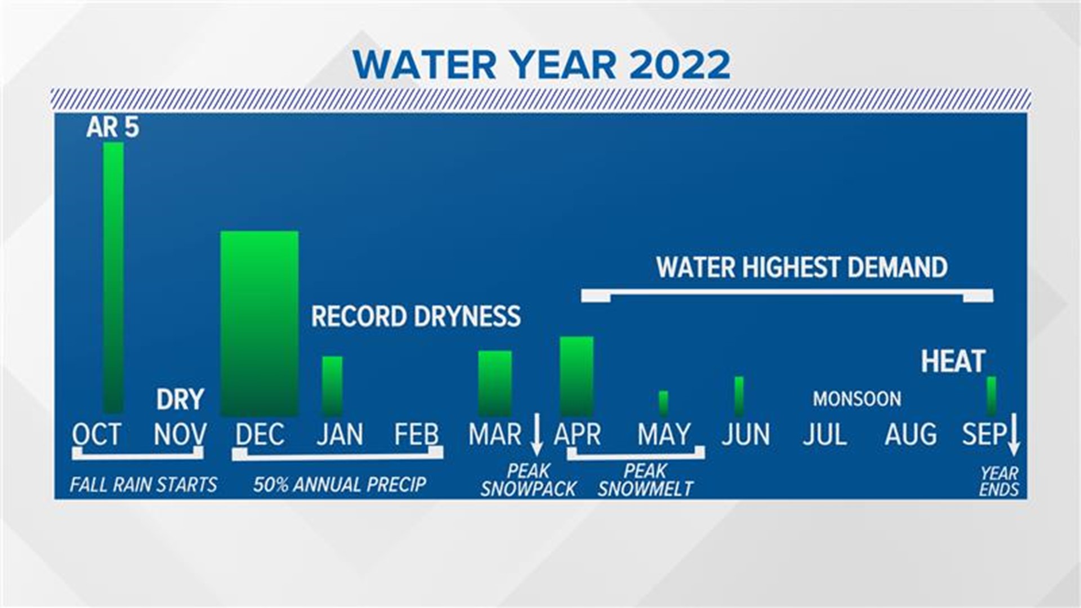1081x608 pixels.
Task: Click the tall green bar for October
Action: click(x=113, y=277)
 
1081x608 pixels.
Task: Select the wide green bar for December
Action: click(x=260, y=323)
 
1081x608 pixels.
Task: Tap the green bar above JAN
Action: click(x=332, y=386)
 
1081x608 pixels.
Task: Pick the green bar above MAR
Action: click(x=495, y=383)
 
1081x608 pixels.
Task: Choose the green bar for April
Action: click(x=577, y=376)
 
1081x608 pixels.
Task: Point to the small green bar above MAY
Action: click(x=664, y=403)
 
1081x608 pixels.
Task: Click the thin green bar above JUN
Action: click(x=739, y=396)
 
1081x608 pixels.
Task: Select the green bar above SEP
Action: click(x=991, y=396)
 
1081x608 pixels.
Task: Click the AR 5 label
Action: click(x=113, y=128)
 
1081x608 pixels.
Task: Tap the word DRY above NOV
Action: click(x=180, y=400)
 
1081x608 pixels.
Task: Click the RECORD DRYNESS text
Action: click(x=416, y=316)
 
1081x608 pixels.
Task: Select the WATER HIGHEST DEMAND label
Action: click(x=802, y=267)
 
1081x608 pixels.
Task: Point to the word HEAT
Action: click(x=953, y=361)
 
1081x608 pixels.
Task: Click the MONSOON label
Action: click(x=856, y=399)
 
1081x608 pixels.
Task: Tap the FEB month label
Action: click(x=416, y=435)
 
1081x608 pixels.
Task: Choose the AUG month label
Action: click(x=910, y=435)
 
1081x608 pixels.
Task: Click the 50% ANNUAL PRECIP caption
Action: click(x=340, y=485)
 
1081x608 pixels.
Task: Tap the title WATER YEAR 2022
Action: click(x=542, y=65)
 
